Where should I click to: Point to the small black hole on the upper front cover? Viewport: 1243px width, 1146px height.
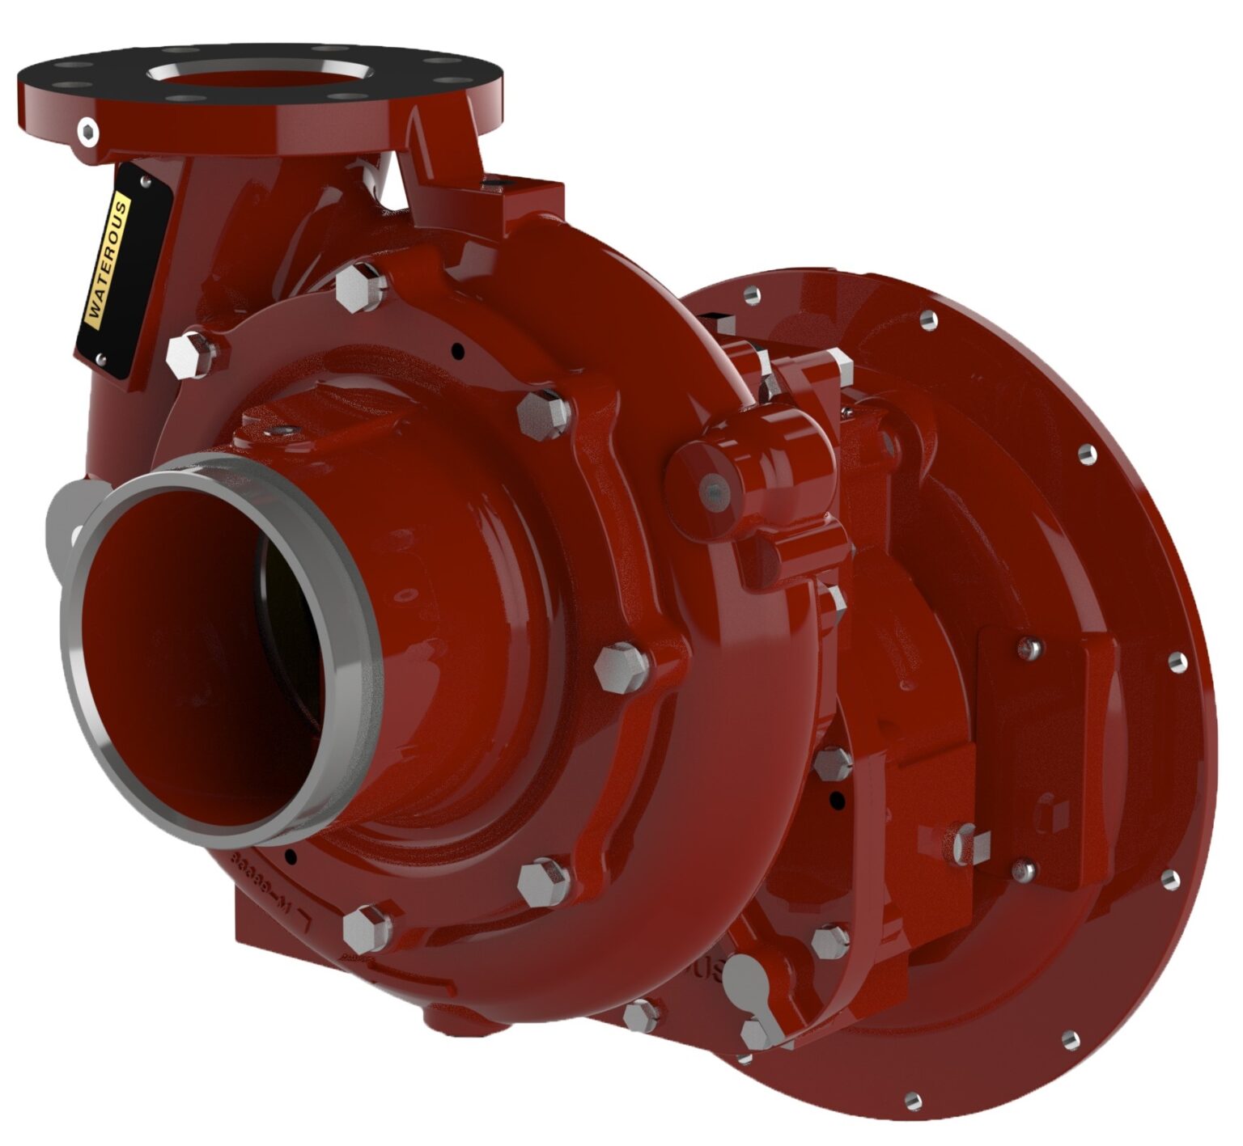pyautogui.click(x=458, y=352)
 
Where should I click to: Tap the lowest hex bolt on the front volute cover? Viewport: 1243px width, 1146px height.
pyautogui.click(x=369, y=928)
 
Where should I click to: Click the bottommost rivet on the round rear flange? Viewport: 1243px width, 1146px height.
pyautogui.click(x=912, y=1099)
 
